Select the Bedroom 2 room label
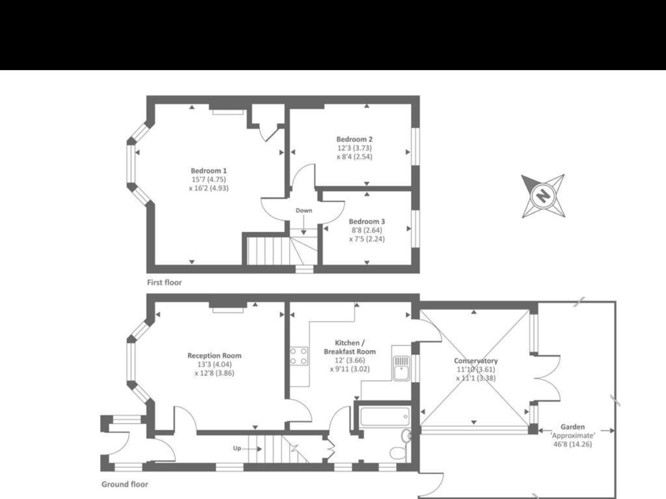click(x=354, y=139)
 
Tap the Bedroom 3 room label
click(x=366, y=221)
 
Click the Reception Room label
click(x=214, y=355)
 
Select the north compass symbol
click(x=542, y=195)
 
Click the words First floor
click(x=165, y=283)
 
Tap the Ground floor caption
click(x=125, y=484)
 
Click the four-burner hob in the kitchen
click(x=299, y=356)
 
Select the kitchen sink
click(x=401, y=367)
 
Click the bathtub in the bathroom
click(x=384, y=416)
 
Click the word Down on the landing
click(x=304, y=211)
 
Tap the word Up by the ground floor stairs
click(x=238, y=448)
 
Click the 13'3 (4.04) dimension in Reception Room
click(x=214, y=365)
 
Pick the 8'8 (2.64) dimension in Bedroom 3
click(x=366, y=230)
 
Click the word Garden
click(x=573, y=427)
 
